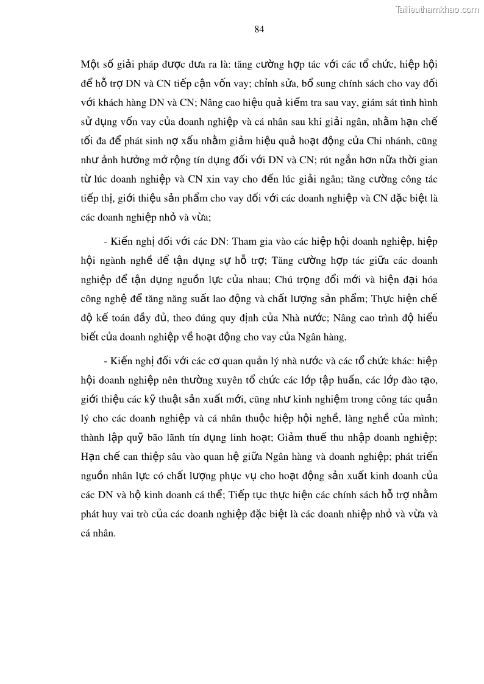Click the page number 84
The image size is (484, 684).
[x=259, y=29]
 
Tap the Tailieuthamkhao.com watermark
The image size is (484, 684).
[x=437, y=9]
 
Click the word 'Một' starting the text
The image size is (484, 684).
[x=90, y=65]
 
